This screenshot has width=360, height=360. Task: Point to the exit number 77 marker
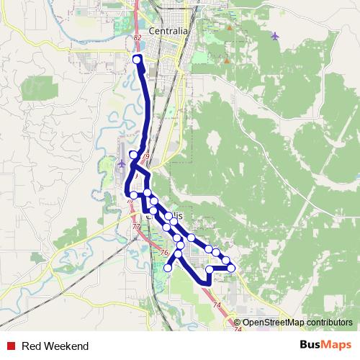pos(136,226)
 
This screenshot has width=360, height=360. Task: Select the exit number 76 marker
pos(164,253)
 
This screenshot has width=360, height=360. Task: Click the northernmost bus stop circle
pos(137,59)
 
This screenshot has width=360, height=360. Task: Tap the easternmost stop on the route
pos(231,268)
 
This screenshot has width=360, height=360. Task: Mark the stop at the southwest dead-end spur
pos(168,268)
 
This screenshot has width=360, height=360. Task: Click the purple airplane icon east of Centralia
pos(274,35)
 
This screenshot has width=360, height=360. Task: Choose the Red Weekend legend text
pos(55,346)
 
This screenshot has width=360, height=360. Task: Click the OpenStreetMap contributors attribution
pos(297,323)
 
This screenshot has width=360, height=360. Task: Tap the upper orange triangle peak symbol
pos(229,28)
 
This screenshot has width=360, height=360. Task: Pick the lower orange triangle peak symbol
pos(226,60)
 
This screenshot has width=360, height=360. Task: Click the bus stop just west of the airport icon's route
pos(133,155)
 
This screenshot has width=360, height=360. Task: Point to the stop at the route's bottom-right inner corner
pos(210,269)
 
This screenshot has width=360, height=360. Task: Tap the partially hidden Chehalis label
pos(177,215)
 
